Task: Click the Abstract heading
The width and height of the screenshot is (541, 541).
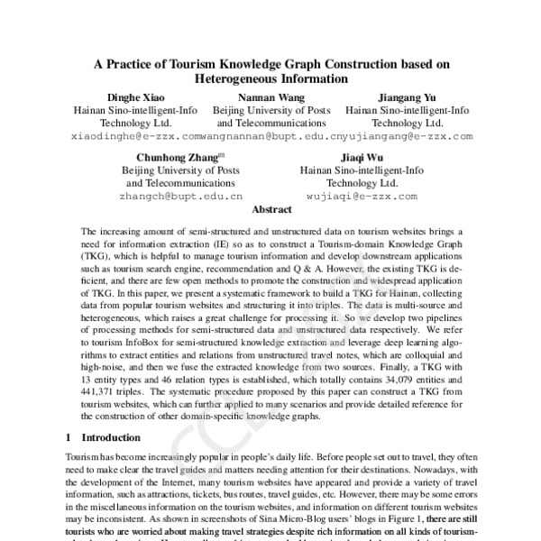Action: (x=270, y=208)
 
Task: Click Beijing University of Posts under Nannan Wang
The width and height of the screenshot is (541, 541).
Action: (x=270, y=110)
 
